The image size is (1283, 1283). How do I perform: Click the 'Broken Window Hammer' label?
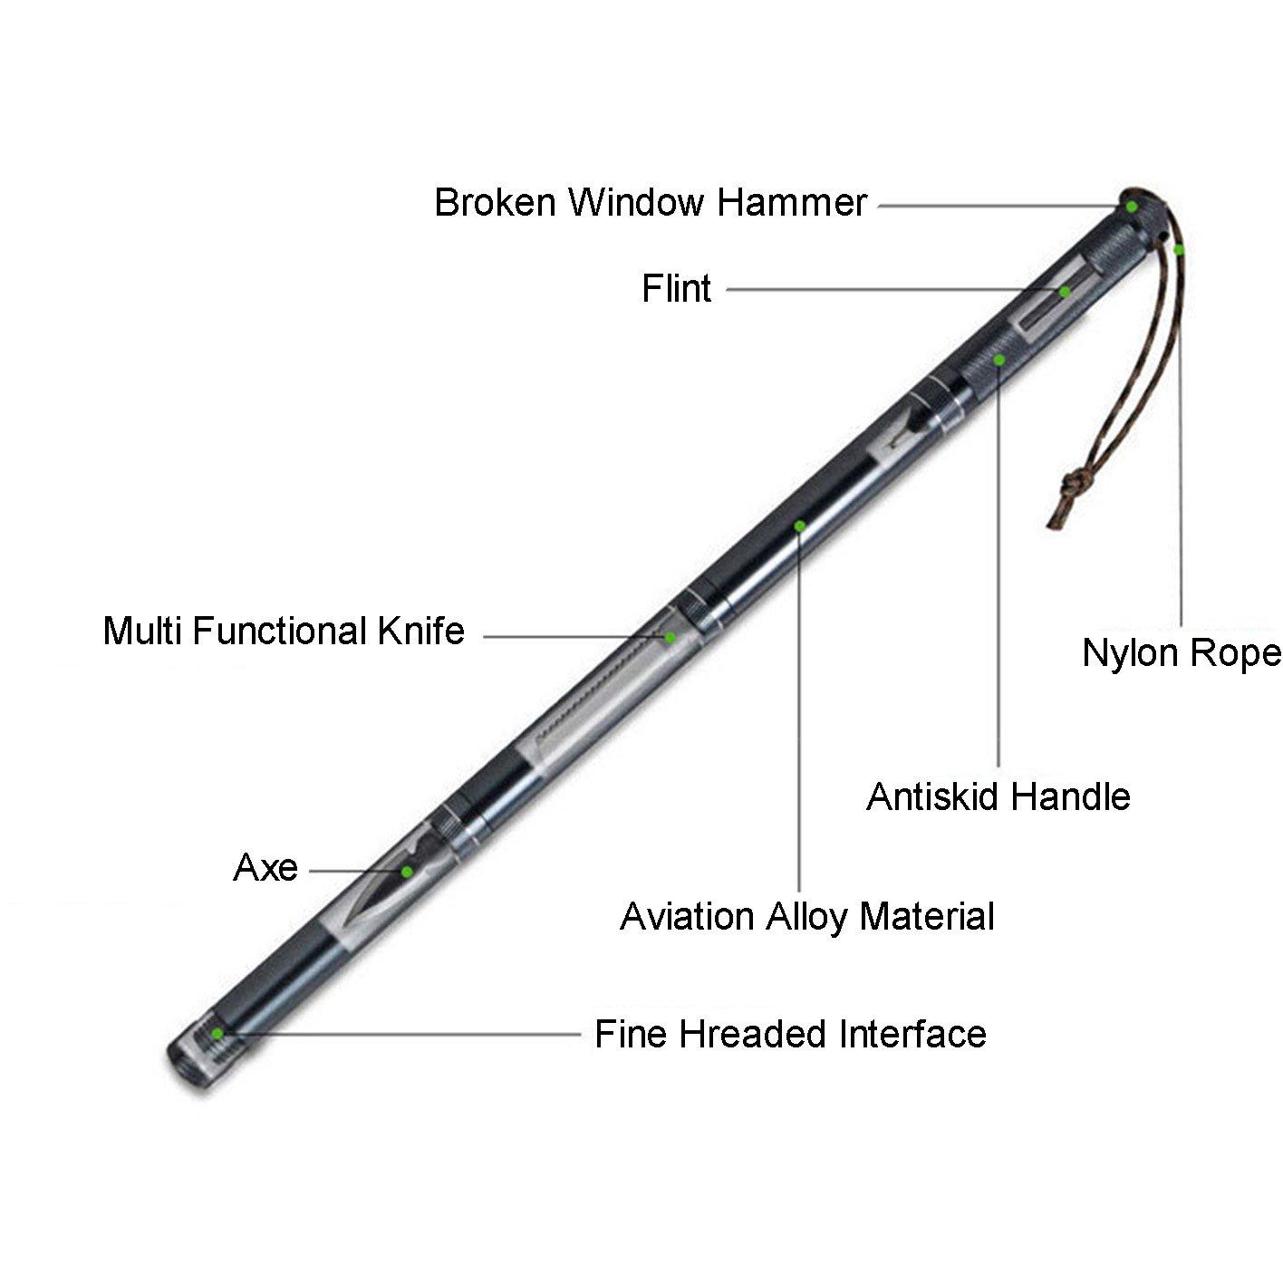[651, 202]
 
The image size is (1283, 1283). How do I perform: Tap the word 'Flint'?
[677, 288]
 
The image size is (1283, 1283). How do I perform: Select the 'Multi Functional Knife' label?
[284, 631]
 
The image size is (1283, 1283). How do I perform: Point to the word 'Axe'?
[265, 867]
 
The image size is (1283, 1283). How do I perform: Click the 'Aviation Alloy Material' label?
[807, 918]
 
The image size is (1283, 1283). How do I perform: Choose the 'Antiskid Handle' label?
[998, 796]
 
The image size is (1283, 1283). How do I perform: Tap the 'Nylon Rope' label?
[1182, 653]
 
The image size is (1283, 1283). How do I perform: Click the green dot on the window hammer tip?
[1131, 207]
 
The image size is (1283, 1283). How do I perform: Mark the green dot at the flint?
[1065, 291]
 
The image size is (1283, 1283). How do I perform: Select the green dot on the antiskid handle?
[999, 360]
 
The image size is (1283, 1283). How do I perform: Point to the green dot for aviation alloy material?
[800, 526]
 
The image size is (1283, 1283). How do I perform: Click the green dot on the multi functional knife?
[670, 638]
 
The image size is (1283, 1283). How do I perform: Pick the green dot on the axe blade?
[407, 872]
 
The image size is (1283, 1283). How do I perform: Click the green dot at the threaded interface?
[217, 1033]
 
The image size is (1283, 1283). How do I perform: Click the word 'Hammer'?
[792, 202]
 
